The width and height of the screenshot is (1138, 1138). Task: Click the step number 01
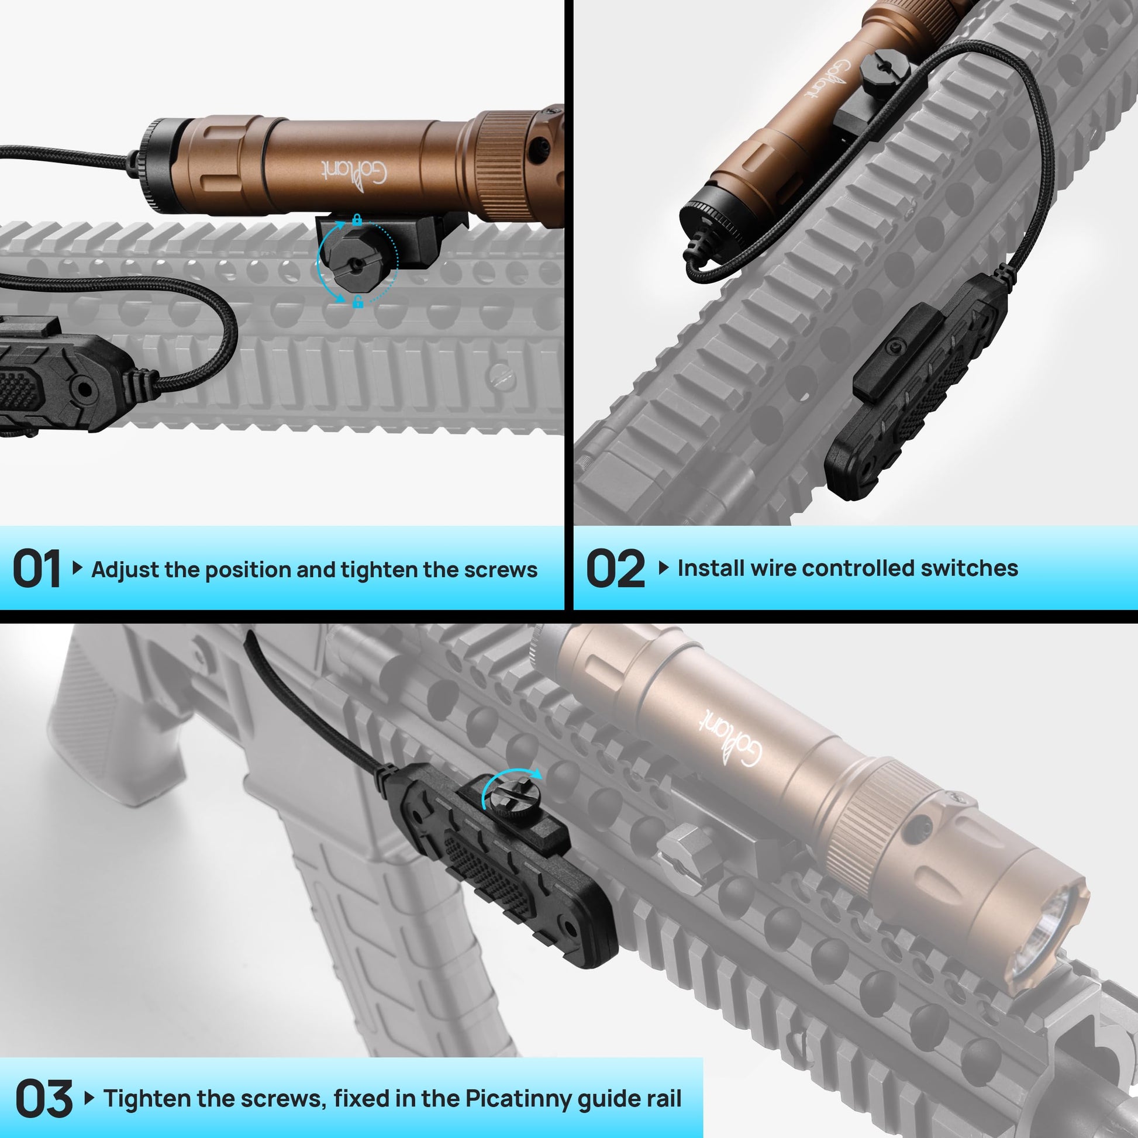pos(36,568)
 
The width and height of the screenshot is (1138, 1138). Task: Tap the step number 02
pos(616,568)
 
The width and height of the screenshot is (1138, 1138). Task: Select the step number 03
pos(44,1099)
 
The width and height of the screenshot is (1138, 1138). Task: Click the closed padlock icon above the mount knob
pos(357,220)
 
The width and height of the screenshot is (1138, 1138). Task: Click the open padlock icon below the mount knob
pos(357,303)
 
